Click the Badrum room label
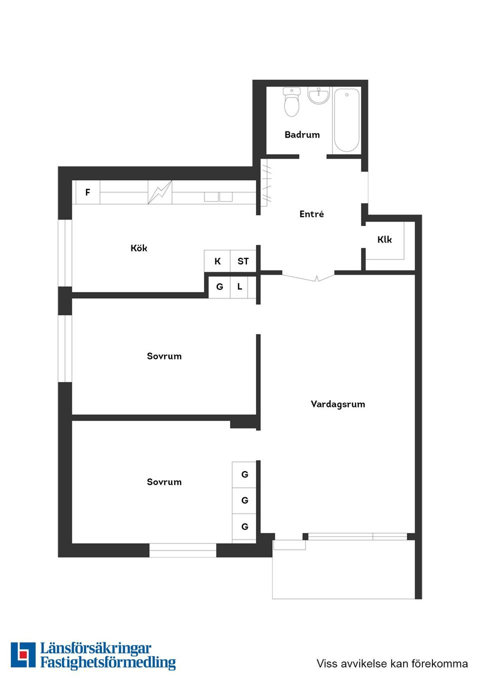(302, 134)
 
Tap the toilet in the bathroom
(291, 102)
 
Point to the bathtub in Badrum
(346, 120)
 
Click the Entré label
(311, 214)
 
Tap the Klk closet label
(384, 239)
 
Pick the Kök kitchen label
(139, 248)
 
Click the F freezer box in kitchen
(87, 192)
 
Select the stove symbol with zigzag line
(159, 192)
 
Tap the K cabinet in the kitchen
(217, 261)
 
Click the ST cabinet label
(243, 261)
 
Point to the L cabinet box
(239, 287)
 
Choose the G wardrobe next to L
(219, 287)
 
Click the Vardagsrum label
(338, 404)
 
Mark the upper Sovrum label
(164, 356)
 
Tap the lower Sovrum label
(164, 481)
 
